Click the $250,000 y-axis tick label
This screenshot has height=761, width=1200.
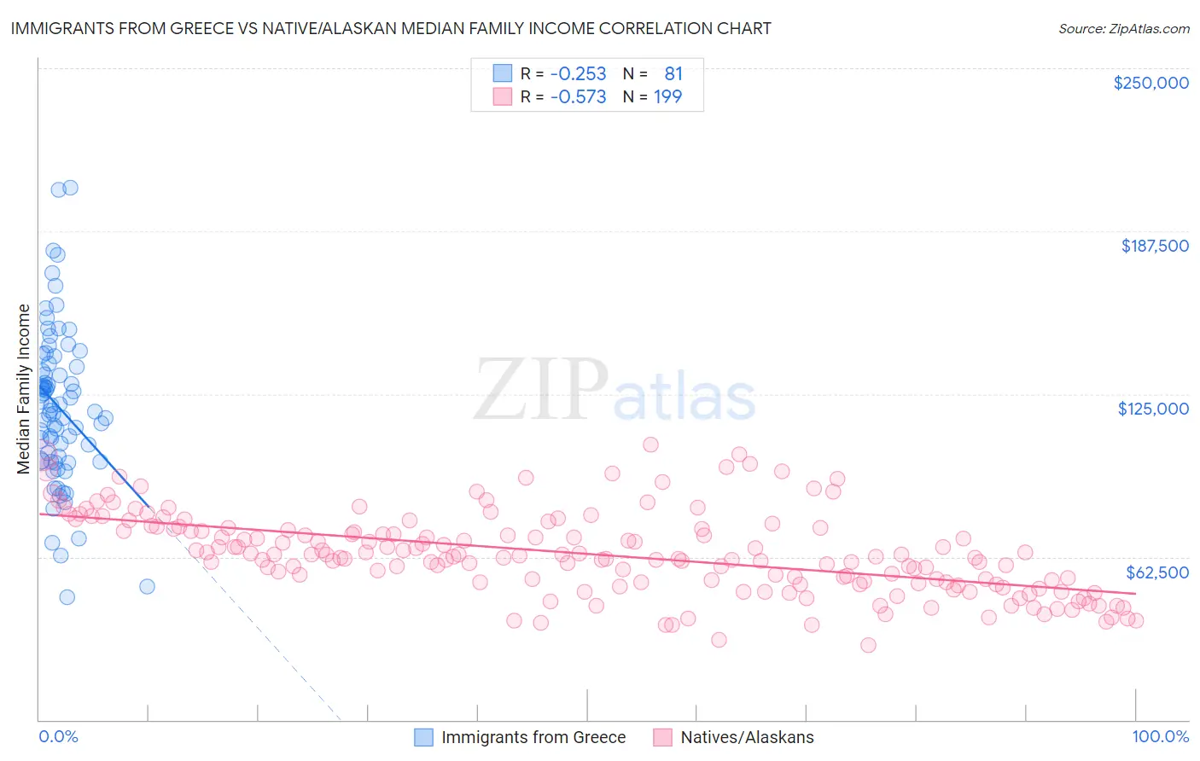point(1150,83)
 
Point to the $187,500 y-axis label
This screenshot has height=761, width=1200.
point(1154,246)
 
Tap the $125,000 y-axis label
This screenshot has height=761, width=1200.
point(1153,409)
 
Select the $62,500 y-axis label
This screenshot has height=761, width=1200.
point(1156,572)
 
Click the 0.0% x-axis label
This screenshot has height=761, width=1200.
point(58,736)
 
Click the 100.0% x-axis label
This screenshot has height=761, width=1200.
point(1160,736)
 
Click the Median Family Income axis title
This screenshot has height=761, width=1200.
point(23,388)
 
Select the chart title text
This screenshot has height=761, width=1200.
point(391,29)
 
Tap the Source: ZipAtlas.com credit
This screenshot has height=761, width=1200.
point(1123,29)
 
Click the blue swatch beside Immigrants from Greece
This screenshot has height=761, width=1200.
point(424,737)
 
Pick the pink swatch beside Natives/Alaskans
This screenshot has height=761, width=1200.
point(663,737)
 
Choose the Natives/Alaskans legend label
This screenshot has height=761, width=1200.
point(747,737)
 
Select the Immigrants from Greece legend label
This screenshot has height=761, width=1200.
point(533,737)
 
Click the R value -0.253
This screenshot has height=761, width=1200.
point(578,74)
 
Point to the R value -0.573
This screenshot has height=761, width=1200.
point(578,97)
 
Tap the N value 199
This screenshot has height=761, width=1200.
point(667,97)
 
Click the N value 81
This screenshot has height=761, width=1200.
point(673,74)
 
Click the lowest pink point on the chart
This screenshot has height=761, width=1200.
point(868,645)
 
